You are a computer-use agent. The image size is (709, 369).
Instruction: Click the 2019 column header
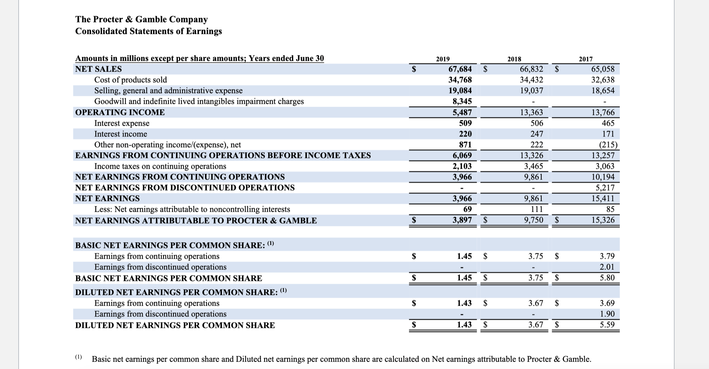(443, 59)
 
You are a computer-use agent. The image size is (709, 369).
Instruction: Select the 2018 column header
(514, 59)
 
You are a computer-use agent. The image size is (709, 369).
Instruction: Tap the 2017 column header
(586, 59)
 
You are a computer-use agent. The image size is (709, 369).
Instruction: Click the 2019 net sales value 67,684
(460, 69)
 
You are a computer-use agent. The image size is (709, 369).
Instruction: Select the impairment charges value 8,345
(462, 101)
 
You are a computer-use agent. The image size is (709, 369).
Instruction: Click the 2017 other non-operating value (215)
(605, 145)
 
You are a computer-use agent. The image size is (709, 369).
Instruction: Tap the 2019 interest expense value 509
(465, 123)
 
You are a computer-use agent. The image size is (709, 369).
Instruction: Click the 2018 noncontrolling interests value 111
(537, 209)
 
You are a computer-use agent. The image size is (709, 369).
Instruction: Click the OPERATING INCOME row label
(120, 112)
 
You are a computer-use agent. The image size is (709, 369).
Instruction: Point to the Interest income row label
(120, 134)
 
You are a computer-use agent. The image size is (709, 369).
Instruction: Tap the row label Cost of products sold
(130, 80)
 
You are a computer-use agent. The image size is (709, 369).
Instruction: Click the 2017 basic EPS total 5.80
(607, 278)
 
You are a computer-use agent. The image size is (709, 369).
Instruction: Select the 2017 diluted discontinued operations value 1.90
(607, 314)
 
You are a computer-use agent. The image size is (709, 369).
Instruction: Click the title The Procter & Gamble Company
(141, 19)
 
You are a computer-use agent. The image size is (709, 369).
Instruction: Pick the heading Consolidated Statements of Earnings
(148, 31)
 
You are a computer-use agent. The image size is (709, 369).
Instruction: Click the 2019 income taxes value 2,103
(462, 166)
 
